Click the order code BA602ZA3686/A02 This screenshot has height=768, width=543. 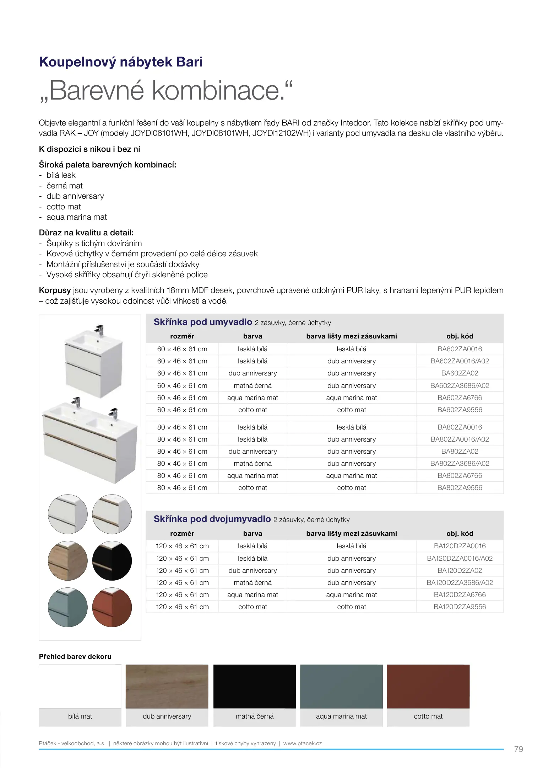point(460,385)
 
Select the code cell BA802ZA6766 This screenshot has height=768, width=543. point(460,475)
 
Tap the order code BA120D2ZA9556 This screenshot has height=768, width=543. point(460,607)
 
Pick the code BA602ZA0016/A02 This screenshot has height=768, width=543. point(460,361)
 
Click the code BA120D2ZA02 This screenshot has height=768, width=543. point(460,570)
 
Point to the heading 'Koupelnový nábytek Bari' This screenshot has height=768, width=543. point(121,62)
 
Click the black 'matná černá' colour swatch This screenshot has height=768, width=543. point(255,686)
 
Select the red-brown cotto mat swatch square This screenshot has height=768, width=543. point(428,686)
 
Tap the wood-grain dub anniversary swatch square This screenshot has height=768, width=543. point(167,686)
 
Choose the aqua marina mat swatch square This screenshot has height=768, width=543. point(341,686)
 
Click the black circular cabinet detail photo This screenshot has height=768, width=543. point(112,561)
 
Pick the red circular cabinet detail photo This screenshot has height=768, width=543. point(112,607)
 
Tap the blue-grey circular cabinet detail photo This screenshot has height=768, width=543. point(67,607)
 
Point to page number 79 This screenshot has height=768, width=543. point(518,749)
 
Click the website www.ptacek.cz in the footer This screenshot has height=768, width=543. point(303,743)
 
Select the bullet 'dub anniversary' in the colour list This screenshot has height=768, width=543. point(75,196)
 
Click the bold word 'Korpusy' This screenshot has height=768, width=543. point(55,290)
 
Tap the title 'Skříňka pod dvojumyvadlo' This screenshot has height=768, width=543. point(212,519)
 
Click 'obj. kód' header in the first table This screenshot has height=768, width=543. point(460,336)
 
